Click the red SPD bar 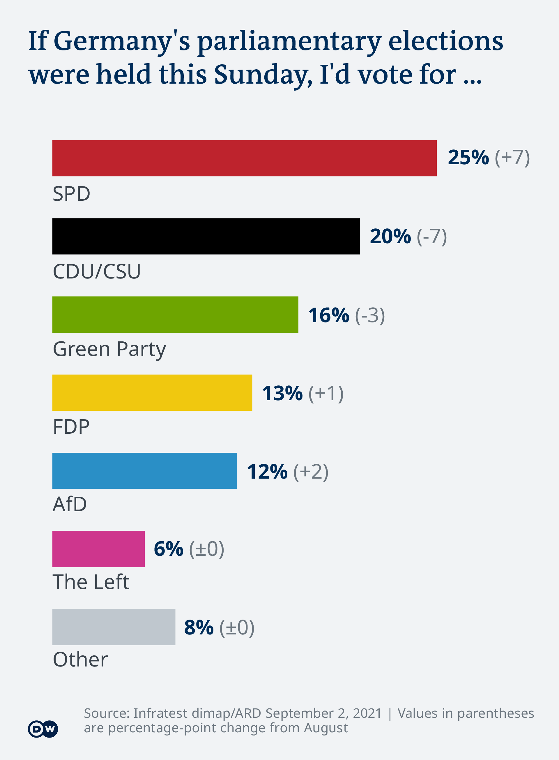pos(244,158)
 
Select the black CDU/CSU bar pos(206,236)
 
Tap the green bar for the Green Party pos(175,315)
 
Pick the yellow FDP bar pos(152,393)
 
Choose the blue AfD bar pos(144,470)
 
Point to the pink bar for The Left pos(98,549)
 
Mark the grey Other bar pos(114,627)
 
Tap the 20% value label pos(390,236)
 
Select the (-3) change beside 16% pos(370,315)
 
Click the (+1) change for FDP pos(326,393)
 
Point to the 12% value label pos(267,472)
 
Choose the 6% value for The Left pos(169,549)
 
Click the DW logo pos(43,729)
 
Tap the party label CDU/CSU pos(97,271)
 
